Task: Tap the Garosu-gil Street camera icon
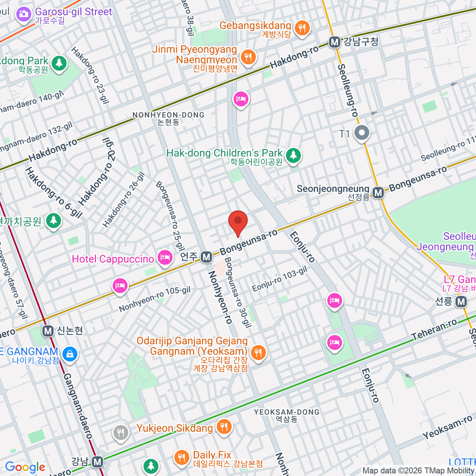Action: [23, 15]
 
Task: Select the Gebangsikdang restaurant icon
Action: [302, 28]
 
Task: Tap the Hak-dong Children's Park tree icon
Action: [293, 155]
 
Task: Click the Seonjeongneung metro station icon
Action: [378, 193]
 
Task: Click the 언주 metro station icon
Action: [206, 257]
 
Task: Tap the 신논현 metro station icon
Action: [48, 331]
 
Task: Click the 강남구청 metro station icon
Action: [335, 42]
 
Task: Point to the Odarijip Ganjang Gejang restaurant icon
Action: [258, 351]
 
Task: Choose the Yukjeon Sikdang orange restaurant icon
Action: [224, 427]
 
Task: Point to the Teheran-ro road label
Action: [434, 330]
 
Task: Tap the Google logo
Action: [25, 467]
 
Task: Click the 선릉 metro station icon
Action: [461, 302]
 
